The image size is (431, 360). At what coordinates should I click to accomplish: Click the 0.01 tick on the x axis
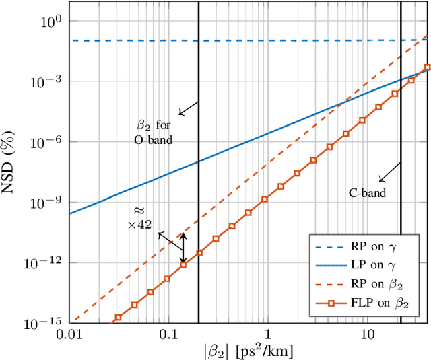(69, 334)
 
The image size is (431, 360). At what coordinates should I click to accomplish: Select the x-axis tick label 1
(267, 334)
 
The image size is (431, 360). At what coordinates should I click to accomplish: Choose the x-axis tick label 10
(366, 334)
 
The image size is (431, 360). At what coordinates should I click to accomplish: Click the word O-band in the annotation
(154, 140)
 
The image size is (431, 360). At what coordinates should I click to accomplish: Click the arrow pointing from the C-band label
(389, 173)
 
